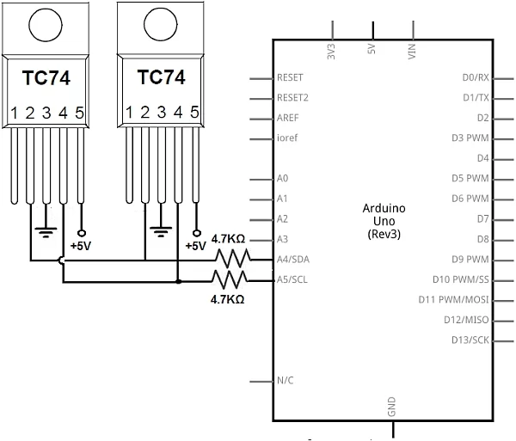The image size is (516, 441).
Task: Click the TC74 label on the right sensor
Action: coord(161,77)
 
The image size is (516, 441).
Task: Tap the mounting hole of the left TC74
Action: coord(46,25)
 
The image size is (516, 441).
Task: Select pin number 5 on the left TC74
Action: coord(80,113)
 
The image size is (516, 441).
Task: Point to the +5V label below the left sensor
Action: coord(81,246)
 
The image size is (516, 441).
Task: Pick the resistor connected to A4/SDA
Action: coord(231,258)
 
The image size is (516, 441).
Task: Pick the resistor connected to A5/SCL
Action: coord(230,279)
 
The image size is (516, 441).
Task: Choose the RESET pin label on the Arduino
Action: coord(291,77)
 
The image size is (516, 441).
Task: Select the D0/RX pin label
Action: coord(475,77)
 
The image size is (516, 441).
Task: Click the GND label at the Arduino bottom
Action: coord(393,407)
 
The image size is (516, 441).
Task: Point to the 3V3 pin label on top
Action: coord(332,51)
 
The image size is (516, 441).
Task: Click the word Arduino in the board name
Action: coord(384,209)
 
